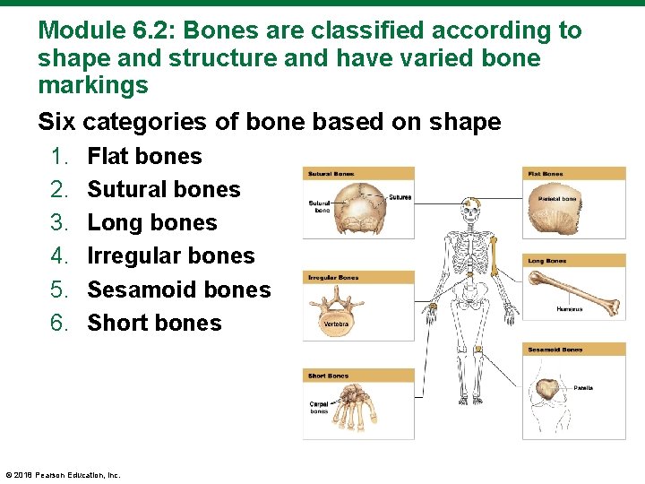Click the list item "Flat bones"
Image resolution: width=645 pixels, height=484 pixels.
click(144, 156)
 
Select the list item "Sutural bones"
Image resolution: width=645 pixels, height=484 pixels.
click(163, 189)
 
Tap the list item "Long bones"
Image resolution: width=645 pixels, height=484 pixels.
click(151, 222)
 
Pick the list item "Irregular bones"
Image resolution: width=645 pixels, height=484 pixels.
click(170, 255)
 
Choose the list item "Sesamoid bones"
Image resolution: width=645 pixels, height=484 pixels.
click(178, 290)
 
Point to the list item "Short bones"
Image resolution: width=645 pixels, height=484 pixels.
click(154, 323)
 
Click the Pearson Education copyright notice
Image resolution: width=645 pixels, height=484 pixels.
click(63, 475)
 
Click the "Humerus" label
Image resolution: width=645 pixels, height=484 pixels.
click(569, 309)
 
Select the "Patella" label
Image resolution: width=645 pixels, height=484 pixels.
click(583, 388)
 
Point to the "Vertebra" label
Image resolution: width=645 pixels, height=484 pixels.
click(336, 324)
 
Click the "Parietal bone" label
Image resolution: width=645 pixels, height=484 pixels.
click(557, 198)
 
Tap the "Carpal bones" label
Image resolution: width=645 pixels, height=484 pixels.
click(319, 408)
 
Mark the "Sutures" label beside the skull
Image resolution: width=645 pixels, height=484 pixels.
click(400, 197)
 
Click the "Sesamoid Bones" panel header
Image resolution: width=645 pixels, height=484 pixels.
click(555, 350)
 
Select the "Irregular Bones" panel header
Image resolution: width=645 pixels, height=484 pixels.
click(333, 278)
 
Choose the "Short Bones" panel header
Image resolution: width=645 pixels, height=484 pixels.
click(329, 376)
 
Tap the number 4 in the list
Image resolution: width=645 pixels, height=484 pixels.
click(59, 255)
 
